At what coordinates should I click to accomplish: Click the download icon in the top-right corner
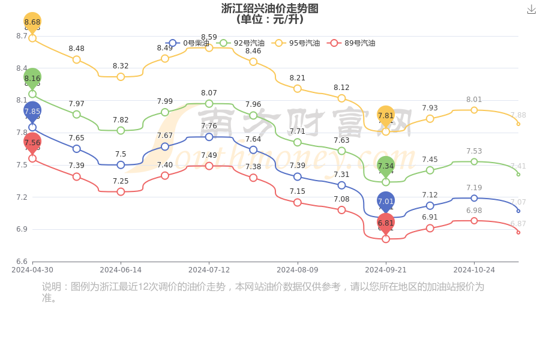[531, 9]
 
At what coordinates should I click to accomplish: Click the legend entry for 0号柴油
[188, 43]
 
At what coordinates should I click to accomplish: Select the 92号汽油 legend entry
[241, 43]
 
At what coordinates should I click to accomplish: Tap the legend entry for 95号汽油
[296, 43]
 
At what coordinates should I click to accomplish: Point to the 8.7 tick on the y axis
[22, 36]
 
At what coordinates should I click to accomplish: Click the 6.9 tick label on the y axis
[22, 229]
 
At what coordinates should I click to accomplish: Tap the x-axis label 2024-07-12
[209, 270]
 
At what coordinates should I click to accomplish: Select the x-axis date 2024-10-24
[474, 270]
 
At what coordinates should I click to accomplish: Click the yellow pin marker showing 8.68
[32, 22]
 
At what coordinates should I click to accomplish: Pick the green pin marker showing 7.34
[386, 166]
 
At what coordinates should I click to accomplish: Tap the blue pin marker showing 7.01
[386, 201]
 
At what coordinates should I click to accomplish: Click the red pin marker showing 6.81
[386, 223]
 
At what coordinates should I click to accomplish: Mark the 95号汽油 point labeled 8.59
[209, 47]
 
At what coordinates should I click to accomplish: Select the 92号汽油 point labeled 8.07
[209, 104]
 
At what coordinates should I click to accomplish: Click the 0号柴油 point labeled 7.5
[121, 165]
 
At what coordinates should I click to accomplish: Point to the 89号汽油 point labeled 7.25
[121, 191]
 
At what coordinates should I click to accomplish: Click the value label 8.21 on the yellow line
[298, 78]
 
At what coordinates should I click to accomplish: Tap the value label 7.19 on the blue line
[474, 188]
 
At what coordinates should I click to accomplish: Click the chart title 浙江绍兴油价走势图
[269, 8]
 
